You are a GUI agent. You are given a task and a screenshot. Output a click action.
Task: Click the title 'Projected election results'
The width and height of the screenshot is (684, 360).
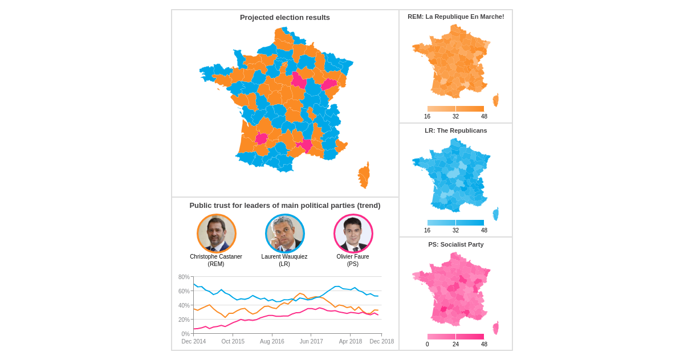point(284,18)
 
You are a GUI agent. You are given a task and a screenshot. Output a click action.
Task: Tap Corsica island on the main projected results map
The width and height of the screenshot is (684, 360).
point(364,175)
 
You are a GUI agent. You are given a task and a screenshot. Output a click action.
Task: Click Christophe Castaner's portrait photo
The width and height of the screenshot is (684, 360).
point(217,234)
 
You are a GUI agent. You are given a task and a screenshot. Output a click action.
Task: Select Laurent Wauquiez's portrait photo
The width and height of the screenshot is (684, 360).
point(285,234)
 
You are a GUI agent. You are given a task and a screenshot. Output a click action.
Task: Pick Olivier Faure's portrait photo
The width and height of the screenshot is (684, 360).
point(353,234)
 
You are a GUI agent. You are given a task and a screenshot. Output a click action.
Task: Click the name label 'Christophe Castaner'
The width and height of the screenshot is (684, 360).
point(216,257)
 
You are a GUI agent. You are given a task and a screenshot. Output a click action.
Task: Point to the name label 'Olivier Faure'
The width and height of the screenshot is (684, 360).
point(353,257)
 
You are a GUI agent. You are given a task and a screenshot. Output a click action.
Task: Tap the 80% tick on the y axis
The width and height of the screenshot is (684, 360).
point(184,277)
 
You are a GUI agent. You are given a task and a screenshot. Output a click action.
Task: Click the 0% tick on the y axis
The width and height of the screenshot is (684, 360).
point(185,334)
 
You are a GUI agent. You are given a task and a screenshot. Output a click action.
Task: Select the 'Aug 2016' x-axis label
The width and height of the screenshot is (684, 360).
point(272,342)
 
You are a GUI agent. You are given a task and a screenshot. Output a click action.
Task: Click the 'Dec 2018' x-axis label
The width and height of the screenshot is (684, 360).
point(381,342)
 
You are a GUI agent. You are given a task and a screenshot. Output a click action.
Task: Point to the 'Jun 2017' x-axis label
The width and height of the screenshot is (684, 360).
point(311,342)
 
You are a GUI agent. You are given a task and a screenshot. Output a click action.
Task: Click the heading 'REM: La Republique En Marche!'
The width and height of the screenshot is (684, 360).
point(455,17)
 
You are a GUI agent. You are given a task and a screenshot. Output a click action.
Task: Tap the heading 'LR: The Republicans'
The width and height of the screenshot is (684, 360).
point(455,131)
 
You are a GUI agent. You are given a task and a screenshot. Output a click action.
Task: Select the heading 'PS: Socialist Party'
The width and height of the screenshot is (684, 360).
point(455,245)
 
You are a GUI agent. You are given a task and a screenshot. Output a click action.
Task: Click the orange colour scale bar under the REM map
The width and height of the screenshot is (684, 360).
point(455,109)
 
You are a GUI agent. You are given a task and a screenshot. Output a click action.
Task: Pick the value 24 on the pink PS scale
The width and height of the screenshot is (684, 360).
point(455,345)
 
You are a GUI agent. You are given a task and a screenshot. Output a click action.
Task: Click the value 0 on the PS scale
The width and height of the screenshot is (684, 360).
point(427,345)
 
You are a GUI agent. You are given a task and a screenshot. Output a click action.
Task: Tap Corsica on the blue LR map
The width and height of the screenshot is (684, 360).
point(495,214)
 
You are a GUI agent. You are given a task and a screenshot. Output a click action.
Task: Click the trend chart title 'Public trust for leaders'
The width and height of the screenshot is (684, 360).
point(284,206)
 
